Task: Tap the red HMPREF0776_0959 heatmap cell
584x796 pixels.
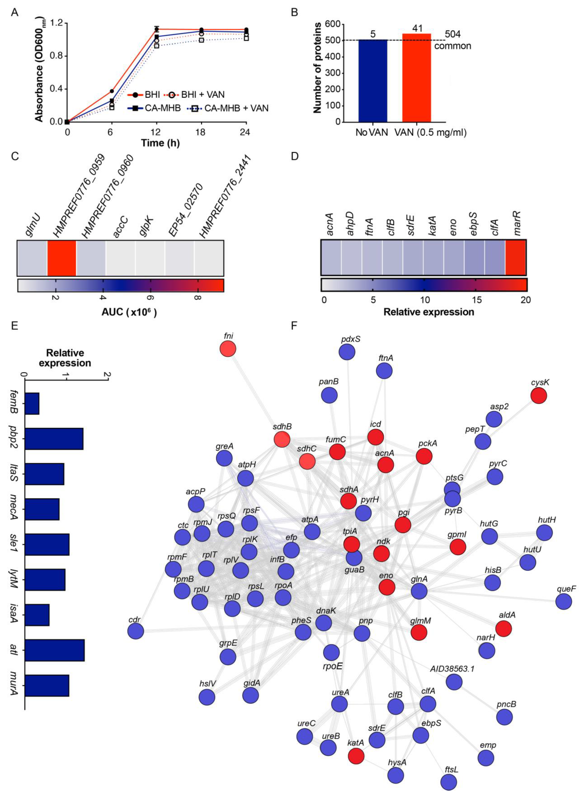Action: pos(62,258)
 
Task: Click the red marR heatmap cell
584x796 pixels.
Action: pos(515,257)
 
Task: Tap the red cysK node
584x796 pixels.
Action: pos(539,395)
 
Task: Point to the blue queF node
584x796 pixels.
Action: pos(563,601)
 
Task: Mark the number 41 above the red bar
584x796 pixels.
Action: pos(417,28)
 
